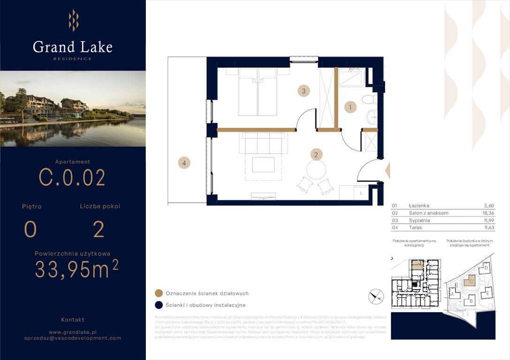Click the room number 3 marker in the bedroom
[304, 91]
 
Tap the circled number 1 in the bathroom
[350, 107]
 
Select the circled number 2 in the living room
[316, 154]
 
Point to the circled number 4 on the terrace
[184, 163]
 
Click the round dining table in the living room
[316, 169]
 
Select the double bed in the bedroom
[257, 92]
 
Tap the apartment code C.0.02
[72, 178]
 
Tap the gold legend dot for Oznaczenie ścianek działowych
[159, 293]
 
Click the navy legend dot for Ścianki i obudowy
[159, 305]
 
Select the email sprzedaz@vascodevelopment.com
[73, 338]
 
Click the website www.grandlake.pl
[73, 331]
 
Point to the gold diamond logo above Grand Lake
[73, 21]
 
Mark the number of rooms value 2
[99, 230]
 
